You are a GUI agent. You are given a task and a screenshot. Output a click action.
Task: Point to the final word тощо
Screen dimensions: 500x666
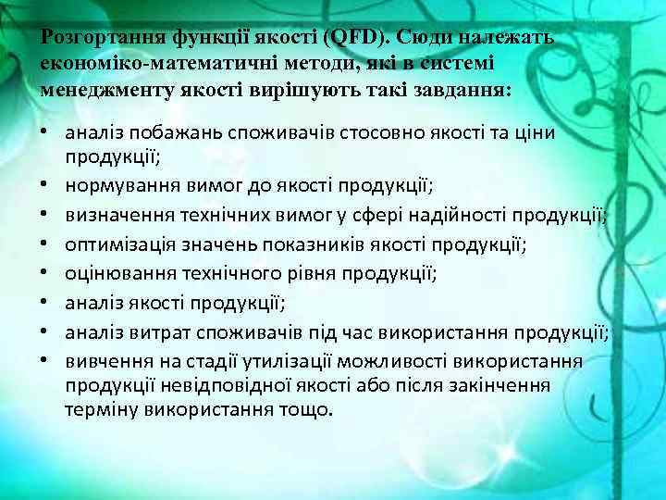[x=305, y=408]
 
